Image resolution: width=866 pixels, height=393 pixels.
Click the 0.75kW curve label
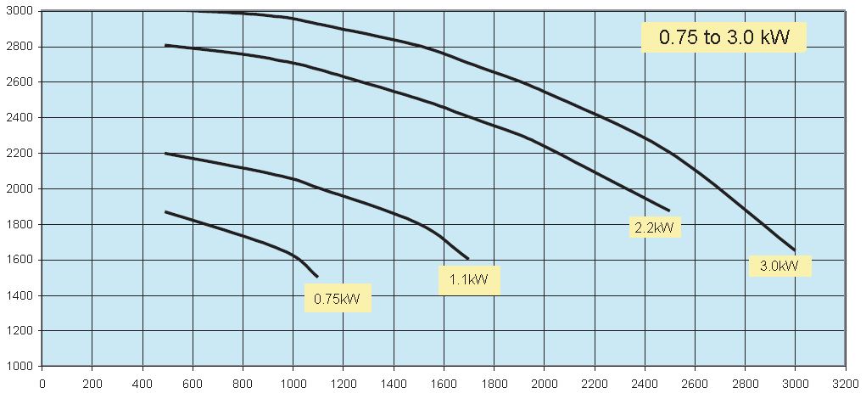(x=338, y=298)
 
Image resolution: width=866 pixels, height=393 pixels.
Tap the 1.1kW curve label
(x=468, y=280)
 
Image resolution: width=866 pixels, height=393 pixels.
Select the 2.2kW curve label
(x=655, y=227)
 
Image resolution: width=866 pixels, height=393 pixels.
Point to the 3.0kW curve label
(x=779, y=266)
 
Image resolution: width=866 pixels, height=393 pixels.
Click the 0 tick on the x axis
(x=42, y=382)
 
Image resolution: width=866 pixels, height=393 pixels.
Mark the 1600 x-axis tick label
(x=444, y=382)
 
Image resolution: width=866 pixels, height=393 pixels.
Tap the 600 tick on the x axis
(x=193, y=382)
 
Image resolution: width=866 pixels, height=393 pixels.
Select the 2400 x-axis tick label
(x=645, y=382)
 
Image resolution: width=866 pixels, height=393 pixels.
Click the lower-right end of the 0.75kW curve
(x=318, y=277)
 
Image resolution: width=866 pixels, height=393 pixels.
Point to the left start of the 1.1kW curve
(x=165, y=154)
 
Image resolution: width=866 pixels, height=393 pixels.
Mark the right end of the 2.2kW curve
(x=669, y=211)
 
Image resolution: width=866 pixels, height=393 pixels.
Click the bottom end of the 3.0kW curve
(x=795, y=250)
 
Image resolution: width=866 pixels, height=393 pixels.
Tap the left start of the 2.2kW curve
(x=165, y=45)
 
